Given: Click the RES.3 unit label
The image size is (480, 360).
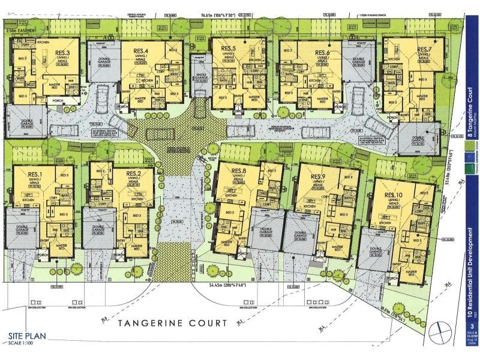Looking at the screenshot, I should pyautogui.click(x=62, y=53).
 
